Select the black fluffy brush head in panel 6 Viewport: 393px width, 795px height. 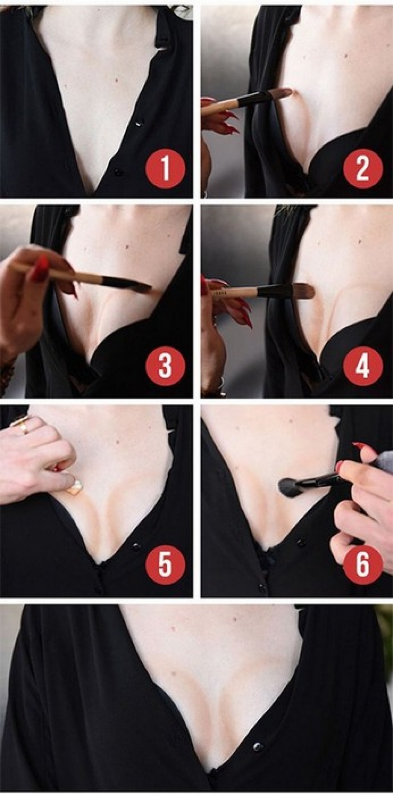tap(287, 486)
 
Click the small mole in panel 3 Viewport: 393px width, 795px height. tap(128, 247)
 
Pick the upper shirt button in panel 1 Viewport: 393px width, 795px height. tap(139, 123)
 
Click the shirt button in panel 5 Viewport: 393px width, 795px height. tap(137, 546)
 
